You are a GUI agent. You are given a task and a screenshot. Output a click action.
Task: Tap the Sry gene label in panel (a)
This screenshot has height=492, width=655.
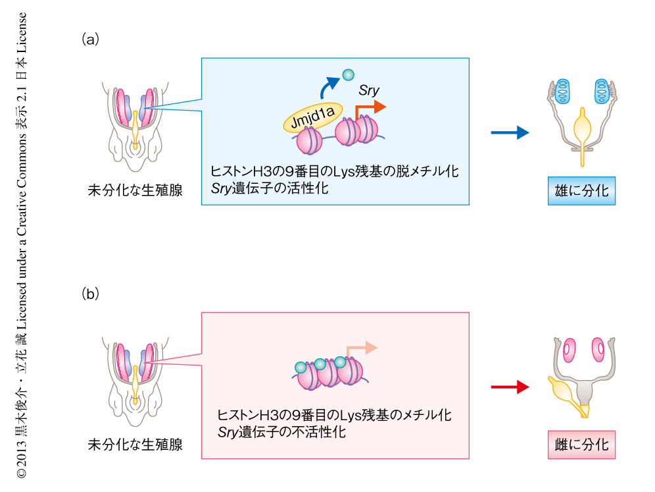369,90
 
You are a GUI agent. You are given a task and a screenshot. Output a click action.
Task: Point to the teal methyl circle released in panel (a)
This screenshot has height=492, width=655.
349,75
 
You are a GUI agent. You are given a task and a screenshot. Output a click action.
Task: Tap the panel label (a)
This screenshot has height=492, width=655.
90,39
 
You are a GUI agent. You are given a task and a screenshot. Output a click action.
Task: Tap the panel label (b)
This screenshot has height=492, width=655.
90,293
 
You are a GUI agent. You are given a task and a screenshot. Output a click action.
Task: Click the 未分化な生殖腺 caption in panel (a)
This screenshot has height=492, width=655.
135,191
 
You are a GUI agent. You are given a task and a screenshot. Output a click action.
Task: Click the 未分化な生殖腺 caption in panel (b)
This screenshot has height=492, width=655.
135,445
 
